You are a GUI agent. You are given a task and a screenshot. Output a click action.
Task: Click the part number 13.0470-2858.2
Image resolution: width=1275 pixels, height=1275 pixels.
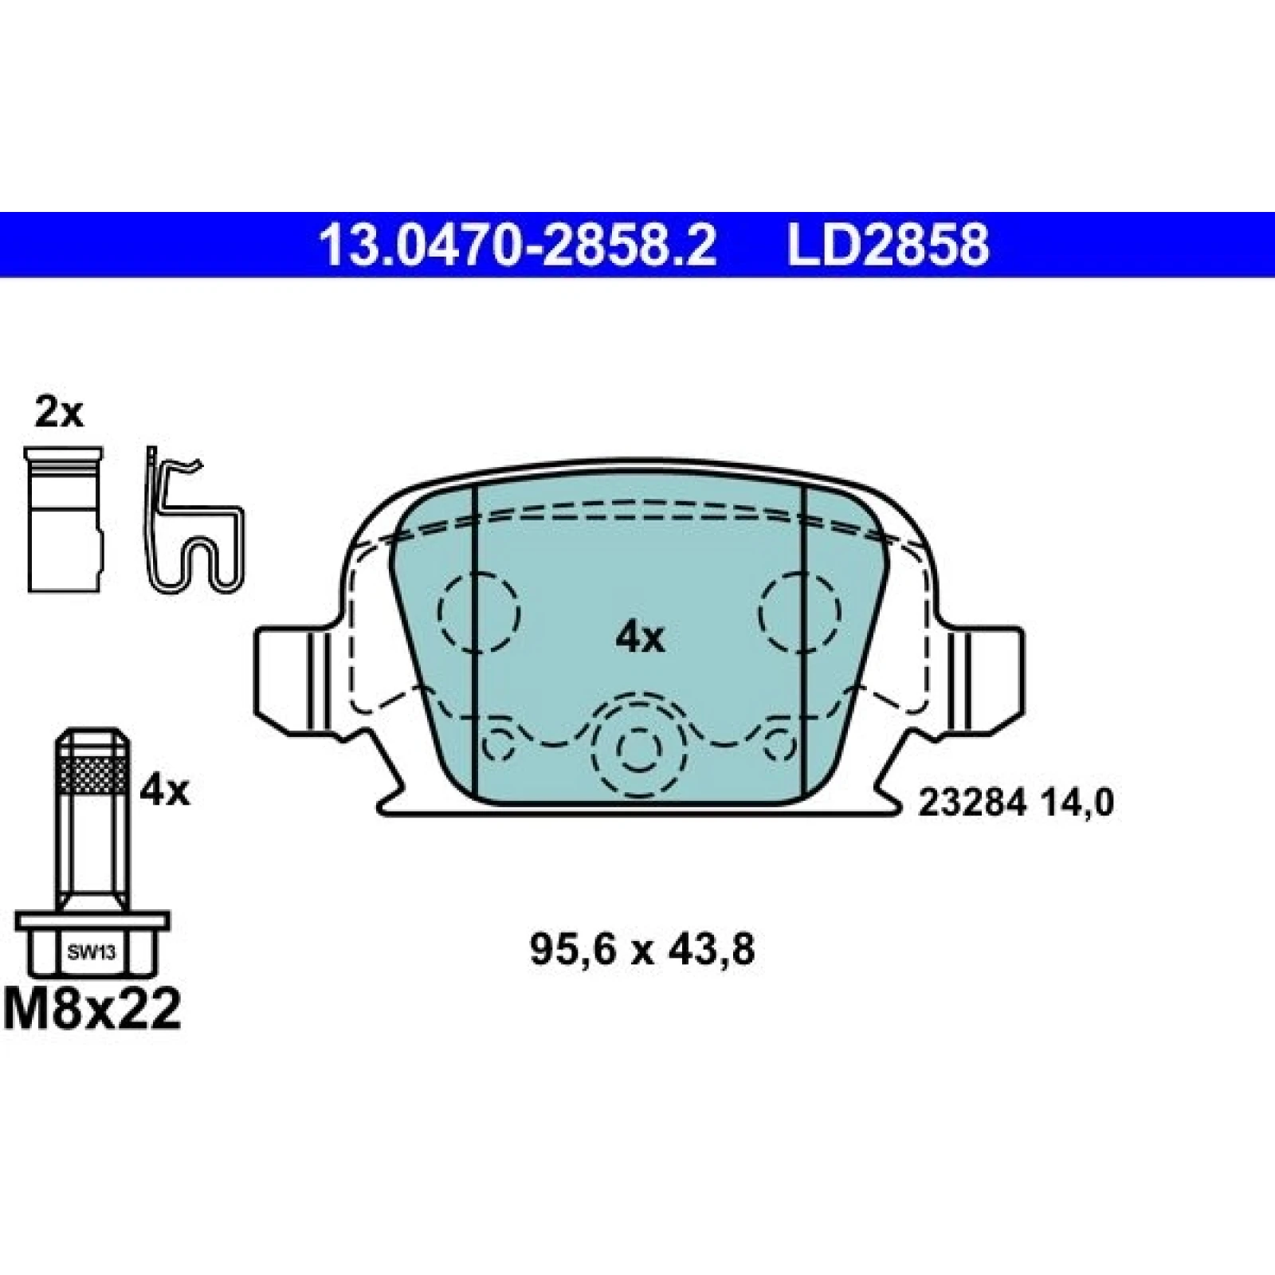518,245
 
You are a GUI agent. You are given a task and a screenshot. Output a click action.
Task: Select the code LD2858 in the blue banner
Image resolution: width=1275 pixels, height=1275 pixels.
889,245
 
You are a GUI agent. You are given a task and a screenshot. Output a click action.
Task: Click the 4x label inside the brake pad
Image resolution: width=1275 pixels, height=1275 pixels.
640,637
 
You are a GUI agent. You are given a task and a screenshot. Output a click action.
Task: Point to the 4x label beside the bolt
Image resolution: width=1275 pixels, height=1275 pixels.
165,791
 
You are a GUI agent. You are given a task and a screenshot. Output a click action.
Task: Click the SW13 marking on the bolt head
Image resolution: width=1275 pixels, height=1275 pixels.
92,953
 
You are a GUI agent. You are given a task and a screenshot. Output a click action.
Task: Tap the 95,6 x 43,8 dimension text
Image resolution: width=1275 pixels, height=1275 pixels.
641,950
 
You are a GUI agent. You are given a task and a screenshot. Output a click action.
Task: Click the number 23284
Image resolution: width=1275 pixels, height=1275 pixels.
971,803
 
